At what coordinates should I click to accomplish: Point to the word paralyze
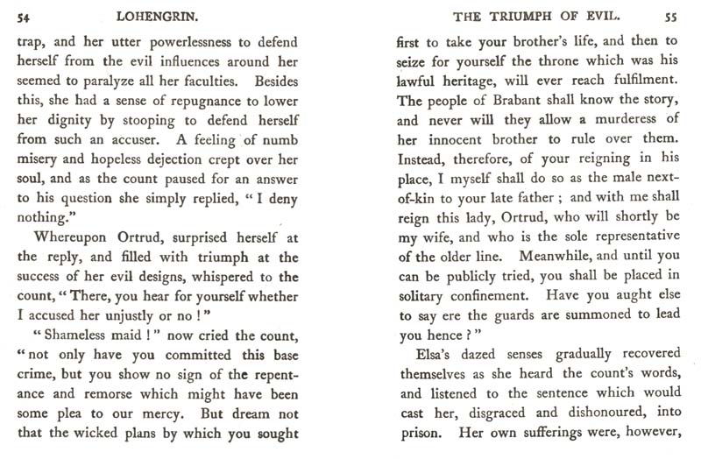coord(132,80)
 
